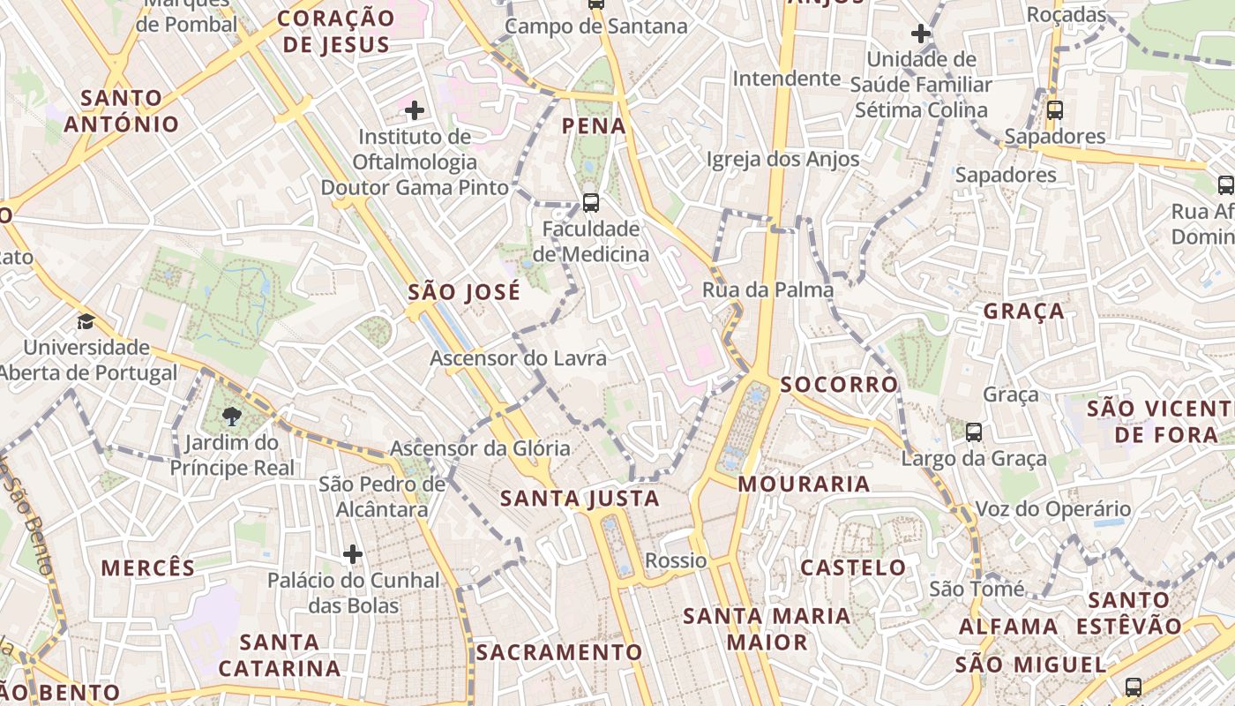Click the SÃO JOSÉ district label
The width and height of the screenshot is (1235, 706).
(x=464, y=292)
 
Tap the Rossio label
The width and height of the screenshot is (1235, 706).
(x=676, y=560)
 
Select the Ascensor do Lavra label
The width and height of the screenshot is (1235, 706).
(x=518, y=358)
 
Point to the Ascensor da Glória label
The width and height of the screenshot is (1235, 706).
(x=480, y=448)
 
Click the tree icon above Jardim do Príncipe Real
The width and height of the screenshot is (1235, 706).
(x=232, y=416)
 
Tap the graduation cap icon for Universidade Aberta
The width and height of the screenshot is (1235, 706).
(x=86, y=321)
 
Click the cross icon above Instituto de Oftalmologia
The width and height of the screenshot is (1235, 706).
(x=415, y=110)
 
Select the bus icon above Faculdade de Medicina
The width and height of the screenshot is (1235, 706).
(x=591, y=202)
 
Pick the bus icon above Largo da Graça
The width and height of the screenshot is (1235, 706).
(x=974, y=432)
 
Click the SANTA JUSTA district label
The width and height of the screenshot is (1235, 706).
(x=580, y=499)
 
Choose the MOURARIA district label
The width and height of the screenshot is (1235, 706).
(x=804, y=484)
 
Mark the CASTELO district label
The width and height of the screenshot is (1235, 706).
(x=852, y=567)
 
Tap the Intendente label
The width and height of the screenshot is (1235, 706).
(x=786, y=79)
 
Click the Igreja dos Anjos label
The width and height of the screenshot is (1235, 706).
(x=782, y=159)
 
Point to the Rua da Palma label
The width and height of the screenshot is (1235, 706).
(x=767, y=289)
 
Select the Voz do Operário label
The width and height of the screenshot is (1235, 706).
(x=1052, y=509)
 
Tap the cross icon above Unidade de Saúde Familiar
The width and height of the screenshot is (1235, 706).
(x=920, y=34)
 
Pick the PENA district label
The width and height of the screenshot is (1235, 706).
(x=594, y=126)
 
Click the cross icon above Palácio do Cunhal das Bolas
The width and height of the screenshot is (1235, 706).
(x=353, y=554)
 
